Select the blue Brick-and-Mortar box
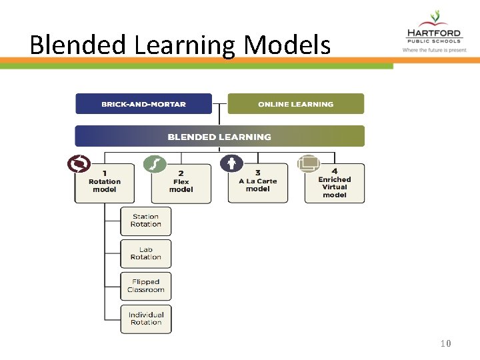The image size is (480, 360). point(143,104)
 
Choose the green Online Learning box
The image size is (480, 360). point(295,104)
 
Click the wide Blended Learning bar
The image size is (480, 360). point(219,137)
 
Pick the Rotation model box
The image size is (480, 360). point(105,183)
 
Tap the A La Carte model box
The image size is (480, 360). point(258,184)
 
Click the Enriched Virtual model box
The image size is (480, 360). point(334,185)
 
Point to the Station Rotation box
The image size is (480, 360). point(145,221)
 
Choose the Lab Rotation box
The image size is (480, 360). point(145,253)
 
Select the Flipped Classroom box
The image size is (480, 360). point(145,286)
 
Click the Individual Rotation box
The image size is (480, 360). point(145,319)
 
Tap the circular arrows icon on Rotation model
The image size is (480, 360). point(79,163)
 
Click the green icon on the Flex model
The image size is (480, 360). point(155,163)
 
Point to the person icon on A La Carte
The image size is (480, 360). point(231,163)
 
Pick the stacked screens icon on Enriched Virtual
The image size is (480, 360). point(309,163)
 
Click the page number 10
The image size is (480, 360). point(446,344)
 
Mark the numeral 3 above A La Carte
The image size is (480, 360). point(258,173)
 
